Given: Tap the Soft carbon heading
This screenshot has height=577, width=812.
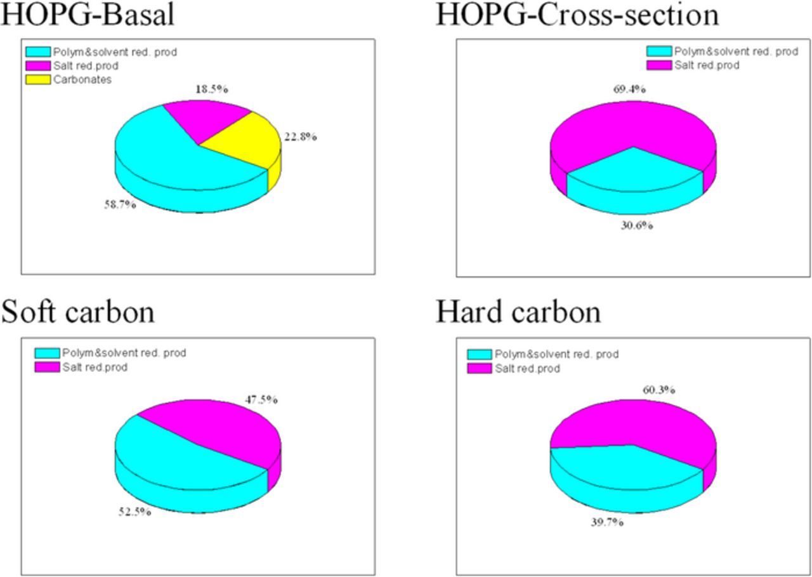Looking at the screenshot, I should click(78, 312).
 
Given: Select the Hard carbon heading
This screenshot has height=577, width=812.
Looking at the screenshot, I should click(518, 312).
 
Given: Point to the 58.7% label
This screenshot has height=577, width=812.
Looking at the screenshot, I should click(120, 204).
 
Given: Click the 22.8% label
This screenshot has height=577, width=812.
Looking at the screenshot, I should click(299, 136).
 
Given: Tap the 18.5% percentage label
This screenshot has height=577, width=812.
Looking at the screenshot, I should click(212, 90).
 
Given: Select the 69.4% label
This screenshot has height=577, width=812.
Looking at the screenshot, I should click(629, 90).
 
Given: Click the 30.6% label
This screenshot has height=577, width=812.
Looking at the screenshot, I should click(636, 225).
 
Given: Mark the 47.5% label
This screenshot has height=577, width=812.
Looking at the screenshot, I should click(261, 400).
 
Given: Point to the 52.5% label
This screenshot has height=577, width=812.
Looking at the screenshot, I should click(134, 512).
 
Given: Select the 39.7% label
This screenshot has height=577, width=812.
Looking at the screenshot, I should click(607, 522).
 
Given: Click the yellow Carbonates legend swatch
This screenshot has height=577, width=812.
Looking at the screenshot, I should click(38, 80).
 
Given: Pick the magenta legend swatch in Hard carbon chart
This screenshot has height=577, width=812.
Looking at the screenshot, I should click(479, 369).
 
